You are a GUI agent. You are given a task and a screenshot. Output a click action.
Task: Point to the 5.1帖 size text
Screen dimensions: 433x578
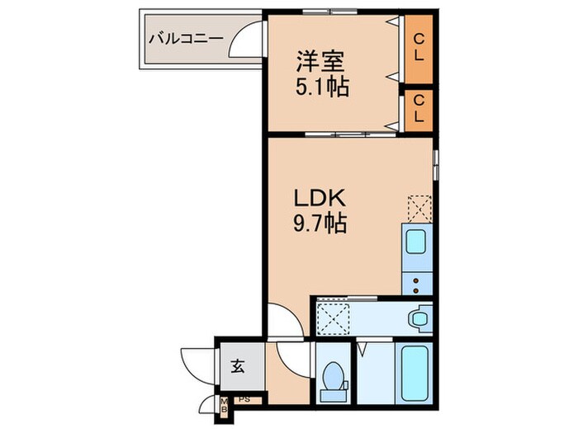(321, 86)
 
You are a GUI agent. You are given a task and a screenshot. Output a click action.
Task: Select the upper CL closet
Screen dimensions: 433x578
(419, 48)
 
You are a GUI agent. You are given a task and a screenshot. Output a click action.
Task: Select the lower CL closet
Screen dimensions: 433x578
(419, 109)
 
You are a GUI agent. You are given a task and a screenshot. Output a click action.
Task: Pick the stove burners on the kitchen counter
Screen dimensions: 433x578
(417, 282)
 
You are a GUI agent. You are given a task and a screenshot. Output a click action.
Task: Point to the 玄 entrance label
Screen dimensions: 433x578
(237, 367)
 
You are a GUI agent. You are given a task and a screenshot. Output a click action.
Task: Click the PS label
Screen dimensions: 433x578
(244, 401)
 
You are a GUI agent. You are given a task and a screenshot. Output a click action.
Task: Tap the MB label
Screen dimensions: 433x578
(223, 404)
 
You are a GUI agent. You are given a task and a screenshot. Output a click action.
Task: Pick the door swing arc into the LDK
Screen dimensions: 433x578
(285, 320)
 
